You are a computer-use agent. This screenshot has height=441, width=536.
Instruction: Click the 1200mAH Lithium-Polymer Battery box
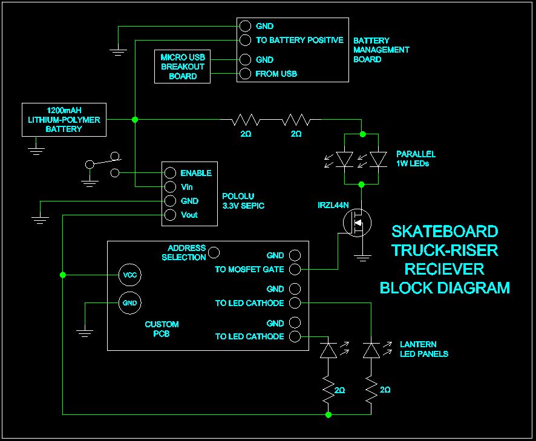[x=64, y=120]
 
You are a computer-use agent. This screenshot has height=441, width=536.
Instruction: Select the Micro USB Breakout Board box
[x=183, y=67]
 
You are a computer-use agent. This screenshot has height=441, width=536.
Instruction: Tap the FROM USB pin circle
[x=245, y=74]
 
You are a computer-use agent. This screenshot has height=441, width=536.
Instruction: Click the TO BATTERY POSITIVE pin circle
[x=245, y=40]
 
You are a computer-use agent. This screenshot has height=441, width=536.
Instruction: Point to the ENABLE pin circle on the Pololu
[x=170, y=173]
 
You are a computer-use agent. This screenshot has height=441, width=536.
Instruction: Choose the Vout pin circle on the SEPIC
[x=170, y=215]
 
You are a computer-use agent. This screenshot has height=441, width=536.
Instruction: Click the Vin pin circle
[x=170, y=187]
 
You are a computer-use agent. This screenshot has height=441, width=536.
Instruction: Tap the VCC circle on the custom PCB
[x=129, y=274]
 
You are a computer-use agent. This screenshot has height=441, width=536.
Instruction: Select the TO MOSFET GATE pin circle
[x=295, y=269]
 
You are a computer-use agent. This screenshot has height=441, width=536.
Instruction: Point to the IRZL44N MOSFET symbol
[x=356, y=223]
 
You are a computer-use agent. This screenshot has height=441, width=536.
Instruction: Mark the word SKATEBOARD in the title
[x=445, y=232]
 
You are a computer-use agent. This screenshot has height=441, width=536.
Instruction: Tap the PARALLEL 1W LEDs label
[x=416, y=158]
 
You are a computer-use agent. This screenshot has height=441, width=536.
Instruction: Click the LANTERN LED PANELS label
[x=423, y=349]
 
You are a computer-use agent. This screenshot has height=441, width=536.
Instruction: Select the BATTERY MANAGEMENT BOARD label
[x=381, y=50]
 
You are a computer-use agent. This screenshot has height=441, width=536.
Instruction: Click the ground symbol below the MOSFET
[x=362, y=258]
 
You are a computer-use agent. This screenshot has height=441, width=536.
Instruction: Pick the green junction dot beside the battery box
[x=135, y=120]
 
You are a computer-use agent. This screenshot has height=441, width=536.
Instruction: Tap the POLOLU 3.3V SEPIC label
[x=243, y=201]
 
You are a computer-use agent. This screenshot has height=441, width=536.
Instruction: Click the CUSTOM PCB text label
[x=162, y=328]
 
